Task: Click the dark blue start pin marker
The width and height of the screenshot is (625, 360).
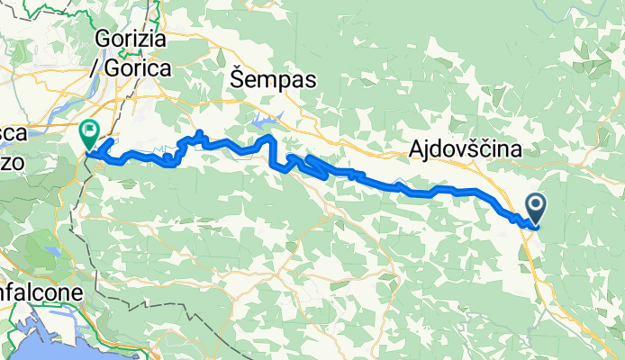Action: pos(536,209)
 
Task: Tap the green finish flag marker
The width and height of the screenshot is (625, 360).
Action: pos(89,135)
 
